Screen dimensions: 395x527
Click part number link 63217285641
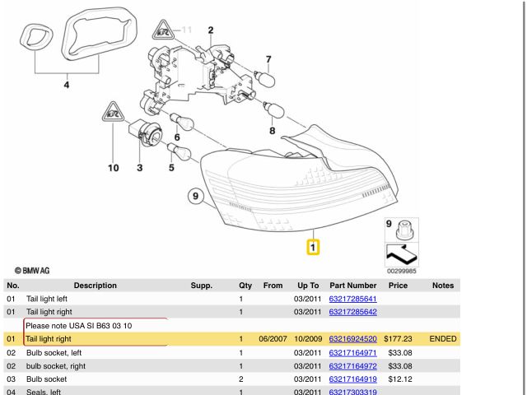click(x=352, y=299)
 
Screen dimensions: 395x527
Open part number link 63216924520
click(x=352, y=339)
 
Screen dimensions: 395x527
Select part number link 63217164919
click(x=352, y=379)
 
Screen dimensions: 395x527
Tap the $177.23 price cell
click(x=398, y=339)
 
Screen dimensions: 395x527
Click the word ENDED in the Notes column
click(x=442, y=339)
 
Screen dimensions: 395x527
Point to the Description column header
click(x=95, y=286)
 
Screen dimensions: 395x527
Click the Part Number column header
click(x=352, y=286)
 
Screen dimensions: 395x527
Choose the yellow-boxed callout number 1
click(x=314, y=246)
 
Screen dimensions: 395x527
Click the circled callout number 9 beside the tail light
click(x=195, y=196)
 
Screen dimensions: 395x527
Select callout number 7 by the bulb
click(x=268, y=59)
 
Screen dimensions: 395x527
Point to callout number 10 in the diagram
click(x=113, y=169)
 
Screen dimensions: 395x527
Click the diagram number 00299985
click(x=402, y=269)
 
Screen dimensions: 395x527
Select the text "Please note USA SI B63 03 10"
click(x=79, y=326)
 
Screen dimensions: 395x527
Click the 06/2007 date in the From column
click(x=272, y=339)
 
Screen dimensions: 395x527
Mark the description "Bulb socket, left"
click(x=54, y=353)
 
